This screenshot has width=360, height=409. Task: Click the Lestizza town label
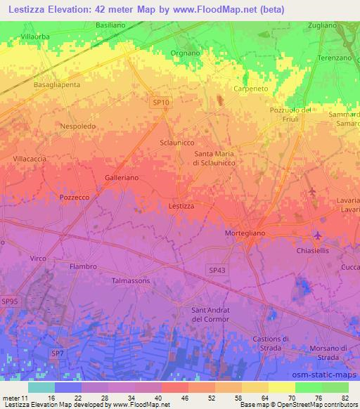tap(181, 206)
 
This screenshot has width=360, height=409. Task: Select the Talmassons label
tap(132, 280)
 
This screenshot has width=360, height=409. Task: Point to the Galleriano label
tap(122, 178)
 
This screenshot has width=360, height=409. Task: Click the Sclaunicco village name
tap(176, 142)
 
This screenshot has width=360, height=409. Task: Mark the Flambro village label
tap(83, 266)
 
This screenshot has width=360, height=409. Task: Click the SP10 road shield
tap(161, 103)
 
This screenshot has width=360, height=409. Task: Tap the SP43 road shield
tap(217, 268)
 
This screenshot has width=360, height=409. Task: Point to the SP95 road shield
tap(9, 301)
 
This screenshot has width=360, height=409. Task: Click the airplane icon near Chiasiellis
tap(318, 235)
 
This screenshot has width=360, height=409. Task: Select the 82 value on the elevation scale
tap(344, 398)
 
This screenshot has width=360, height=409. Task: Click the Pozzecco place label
tap(74, 198)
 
